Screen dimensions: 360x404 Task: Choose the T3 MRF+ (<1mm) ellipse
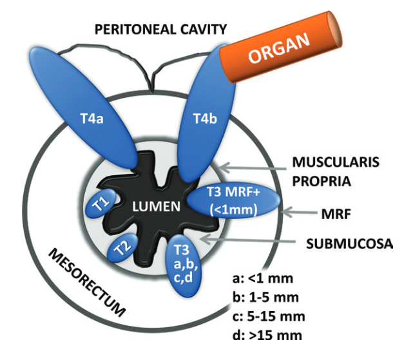coord(233,201)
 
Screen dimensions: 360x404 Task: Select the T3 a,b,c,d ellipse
coord(185,263)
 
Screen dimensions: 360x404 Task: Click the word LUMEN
coord(153,206)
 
